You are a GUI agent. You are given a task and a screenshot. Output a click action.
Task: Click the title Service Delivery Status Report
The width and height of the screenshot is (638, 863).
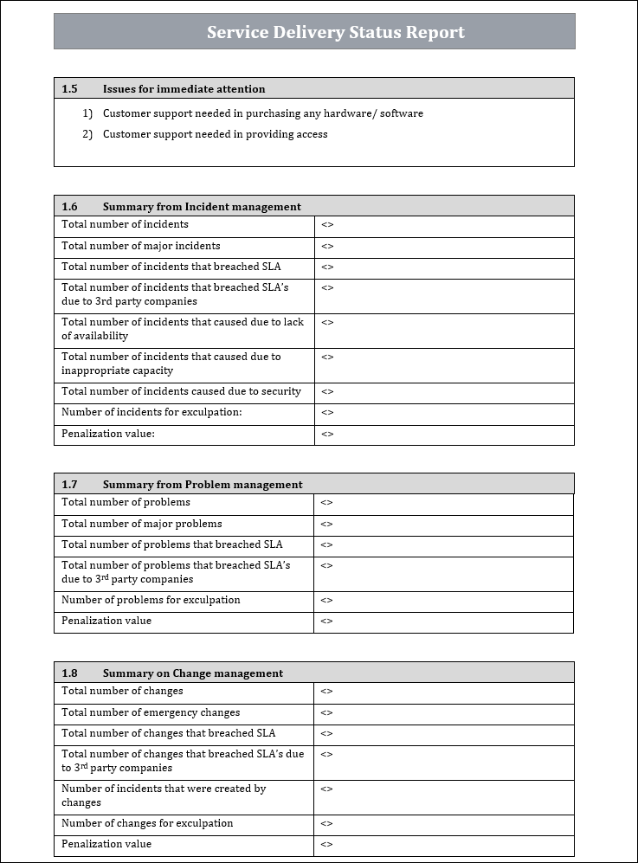[x=335, y=33]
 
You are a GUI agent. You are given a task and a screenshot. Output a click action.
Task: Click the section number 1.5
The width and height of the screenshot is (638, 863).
[x=69, y=88]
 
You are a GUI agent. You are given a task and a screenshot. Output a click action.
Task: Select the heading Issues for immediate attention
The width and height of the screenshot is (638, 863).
[x=184, y=88]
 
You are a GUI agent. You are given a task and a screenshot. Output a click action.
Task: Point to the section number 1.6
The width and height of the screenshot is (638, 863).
[x=69, y=206]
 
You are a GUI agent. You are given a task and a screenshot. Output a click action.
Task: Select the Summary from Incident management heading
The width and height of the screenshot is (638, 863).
[x=202, y=206]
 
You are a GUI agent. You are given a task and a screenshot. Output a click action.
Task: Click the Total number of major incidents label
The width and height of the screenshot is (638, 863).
[x=140, y=246]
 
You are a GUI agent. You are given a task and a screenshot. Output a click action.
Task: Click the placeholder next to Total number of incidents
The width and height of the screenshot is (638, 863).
[x=327, y=225]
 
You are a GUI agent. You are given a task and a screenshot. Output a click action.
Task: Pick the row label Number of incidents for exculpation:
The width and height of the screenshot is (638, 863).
[x=151, y=413]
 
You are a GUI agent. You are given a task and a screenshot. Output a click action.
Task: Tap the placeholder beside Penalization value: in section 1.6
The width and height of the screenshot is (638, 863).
[x=327, y=435]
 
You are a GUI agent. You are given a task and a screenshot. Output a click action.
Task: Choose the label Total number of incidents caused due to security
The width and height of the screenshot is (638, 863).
[x=181, y=391]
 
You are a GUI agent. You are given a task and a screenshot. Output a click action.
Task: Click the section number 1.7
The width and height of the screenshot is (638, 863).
[x=69, y=484]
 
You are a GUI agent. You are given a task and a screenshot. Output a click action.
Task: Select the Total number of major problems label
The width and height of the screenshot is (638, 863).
[x=141, y=524]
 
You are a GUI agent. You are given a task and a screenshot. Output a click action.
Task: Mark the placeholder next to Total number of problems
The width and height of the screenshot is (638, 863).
[x=326, y=503]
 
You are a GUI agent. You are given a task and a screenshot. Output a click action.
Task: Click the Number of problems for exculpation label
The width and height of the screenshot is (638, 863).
[x=151, y=600]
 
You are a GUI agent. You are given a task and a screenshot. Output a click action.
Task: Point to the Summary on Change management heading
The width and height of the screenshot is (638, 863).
[x=192, y=673]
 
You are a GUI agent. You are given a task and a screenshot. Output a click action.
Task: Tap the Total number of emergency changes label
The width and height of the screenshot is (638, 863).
[x=151, y=712]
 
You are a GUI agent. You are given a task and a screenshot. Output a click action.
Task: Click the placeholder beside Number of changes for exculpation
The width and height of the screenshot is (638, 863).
[x=326, y=824]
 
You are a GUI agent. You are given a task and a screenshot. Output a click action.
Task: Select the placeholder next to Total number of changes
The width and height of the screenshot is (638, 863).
[x=326, y=692]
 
